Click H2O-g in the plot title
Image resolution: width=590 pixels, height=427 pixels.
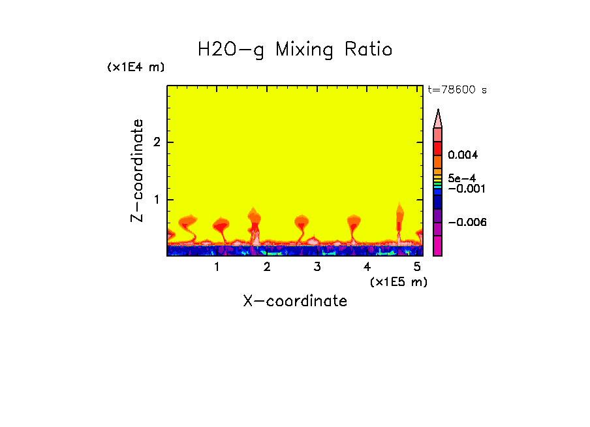231,50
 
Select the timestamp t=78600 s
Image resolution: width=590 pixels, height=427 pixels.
457,90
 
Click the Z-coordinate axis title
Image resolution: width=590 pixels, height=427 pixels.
137,170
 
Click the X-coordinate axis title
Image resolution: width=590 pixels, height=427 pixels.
295,301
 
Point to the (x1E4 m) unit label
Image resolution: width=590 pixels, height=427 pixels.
136,67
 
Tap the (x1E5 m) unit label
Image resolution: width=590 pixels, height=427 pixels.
398,281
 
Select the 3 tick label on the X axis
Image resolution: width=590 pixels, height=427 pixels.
317,266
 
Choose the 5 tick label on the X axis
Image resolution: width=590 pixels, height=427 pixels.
417,266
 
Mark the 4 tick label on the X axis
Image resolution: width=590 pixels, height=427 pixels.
367,266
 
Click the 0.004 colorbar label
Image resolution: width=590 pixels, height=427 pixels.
463,155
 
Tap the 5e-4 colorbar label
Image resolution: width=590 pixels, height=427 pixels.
461,178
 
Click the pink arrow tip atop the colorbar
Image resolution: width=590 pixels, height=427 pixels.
438,118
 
